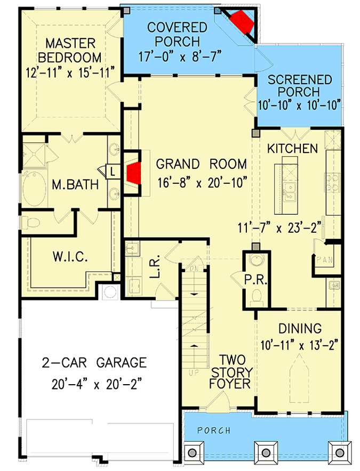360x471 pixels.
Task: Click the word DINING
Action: [x=299, y=328]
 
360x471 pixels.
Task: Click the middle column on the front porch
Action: [x=265, y=451]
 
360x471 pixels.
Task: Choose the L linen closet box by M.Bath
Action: [x=113, y=171]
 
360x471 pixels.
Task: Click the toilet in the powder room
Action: [x=255, y=296]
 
